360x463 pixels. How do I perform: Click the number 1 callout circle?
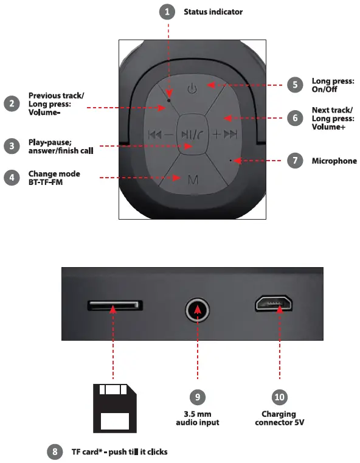pos(167,12)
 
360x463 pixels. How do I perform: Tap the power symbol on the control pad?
pos(192,89)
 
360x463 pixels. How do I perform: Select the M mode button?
pos(193,179)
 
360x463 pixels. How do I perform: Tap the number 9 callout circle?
pos(198,397)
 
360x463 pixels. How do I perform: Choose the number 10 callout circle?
pos(280,397)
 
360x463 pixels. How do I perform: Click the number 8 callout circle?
pos(55,451)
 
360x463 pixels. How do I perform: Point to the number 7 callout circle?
pos(296,161)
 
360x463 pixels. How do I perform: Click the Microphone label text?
pos(334,161)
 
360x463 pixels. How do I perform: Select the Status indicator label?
pos(213,12)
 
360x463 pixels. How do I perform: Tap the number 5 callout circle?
pos(296,85)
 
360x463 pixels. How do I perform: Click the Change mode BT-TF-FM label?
pos(54,178)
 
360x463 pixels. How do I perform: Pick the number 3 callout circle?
pos(12,146)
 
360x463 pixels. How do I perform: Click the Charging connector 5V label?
pos(280,418)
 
